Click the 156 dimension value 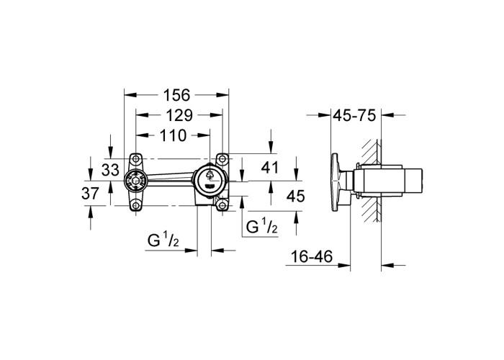point(177,95)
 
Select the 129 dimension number point(179,115)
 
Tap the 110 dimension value point(173,135)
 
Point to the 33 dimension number point(110,170)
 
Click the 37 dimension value point(90,194)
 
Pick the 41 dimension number point(269,167)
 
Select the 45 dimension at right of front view point(296,196)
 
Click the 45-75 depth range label point(354,115)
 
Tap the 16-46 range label point(312,256)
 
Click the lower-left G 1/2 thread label point(163,240)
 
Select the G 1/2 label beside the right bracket point(261,226)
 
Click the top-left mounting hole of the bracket point(136,158)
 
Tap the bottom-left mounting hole point(136,205)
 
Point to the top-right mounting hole point(222,159)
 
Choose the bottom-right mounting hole point(222,204)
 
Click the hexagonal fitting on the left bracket point(135,182)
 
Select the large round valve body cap point(210,181)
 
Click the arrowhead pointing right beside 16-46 point(343,265)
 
